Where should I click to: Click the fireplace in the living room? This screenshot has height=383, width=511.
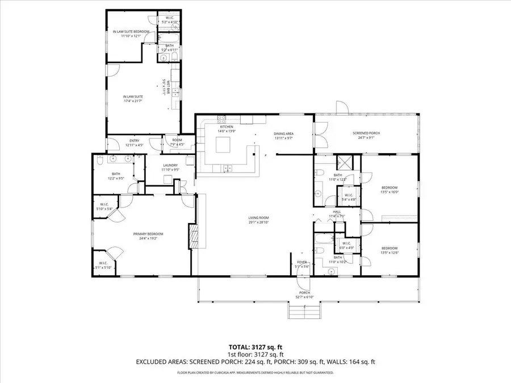coord(193,234)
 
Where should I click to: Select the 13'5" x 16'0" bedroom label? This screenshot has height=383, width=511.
coord(389,190)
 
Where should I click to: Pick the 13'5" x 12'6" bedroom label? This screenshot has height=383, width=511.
coord(389,250)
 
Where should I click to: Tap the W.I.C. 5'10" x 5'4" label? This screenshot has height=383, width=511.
coord(106,207)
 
